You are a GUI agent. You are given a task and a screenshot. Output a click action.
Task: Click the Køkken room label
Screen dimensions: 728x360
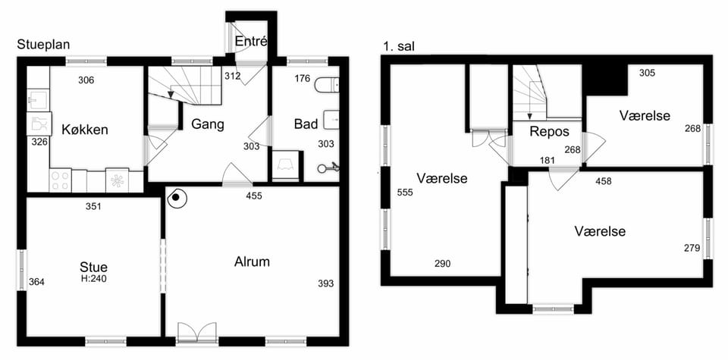click(85, 130)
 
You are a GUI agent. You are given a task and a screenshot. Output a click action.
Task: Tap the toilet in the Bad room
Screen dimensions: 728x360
click(327, 86)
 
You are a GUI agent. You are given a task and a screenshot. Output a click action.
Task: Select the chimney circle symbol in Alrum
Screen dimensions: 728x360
click(175, 198)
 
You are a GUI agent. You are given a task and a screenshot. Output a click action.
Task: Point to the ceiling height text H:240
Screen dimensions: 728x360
click(94, 278)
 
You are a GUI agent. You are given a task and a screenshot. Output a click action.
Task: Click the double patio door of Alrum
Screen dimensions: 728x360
click(197, 333)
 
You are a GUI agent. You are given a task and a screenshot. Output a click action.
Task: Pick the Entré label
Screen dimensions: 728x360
click(251, 41)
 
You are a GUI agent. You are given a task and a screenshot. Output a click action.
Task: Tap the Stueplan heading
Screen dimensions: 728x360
click(43, 45)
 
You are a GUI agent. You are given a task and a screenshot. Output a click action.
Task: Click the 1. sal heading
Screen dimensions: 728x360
click(399, 46)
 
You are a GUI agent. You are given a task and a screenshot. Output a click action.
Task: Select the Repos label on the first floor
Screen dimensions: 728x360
click(549, 132)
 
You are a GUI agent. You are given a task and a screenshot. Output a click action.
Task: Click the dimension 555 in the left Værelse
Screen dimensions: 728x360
click(405, 193)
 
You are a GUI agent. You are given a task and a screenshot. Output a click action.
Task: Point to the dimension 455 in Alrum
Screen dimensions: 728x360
click(254, 196)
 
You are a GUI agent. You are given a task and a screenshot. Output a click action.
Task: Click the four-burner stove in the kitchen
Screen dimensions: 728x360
click(61, 180)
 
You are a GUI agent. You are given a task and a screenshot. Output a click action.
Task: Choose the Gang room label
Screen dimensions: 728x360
click(208, 124)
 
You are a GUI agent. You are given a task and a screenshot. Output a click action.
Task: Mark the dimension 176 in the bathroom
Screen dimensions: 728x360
click(303, 78)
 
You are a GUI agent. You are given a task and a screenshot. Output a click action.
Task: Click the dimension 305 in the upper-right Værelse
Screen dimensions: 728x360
click(647, 73)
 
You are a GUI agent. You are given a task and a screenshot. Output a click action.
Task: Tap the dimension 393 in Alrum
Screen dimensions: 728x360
click(326, 283)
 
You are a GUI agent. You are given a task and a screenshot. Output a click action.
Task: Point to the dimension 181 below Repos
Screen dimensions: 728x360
click(548, 161)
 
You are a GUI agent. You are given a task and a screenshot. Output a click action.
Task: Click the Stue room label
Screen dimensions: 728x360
click(94, 268)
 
